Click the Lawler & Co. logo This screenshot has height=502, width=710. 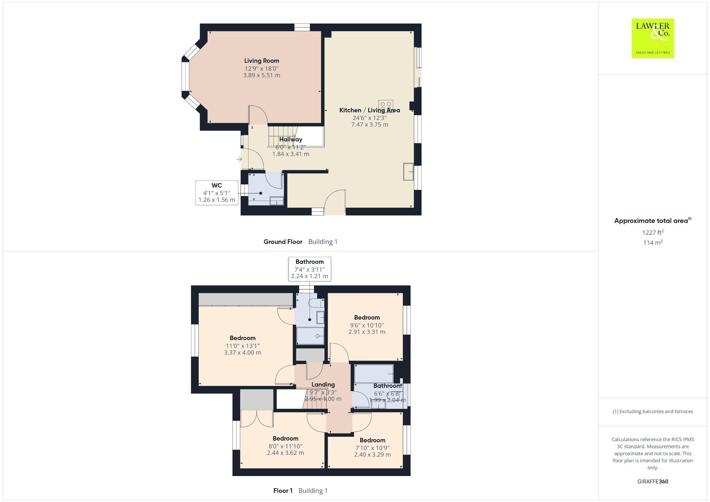653,38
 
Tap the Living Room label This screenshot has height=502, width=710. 261,61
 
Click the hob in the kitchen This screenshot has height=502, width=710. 386,106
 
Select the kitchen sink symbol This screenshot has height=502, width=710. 408,171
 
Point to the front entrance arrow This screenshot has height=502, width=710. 239,159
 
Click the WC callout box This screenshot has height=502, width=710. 217,193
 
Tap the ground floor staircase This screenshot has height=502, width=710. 283,136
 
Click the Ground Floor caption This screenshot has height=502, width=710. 283,242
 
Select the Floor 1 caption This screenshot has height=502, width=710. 283,491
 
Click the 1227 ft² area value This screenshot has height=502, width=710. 653,232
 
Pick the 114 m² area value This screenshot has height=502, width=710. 653,242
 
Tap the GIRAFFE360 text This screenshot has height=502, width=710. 653,481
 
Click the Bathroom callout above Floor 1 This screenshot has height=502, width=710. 310,269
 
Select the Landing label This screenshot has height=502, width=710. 323,384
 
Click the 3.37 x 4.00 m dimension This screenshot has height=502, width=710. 243,353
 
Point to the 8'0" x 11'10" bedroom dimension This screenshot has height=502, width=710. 285,446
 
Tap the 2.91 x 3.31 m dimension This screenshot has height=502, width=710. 367,332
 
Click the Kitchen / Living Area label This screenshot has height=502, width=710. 370,110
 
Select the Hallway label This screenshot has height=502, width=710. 291,139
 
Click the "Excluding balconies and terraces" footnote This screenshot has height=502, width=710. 653,412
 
